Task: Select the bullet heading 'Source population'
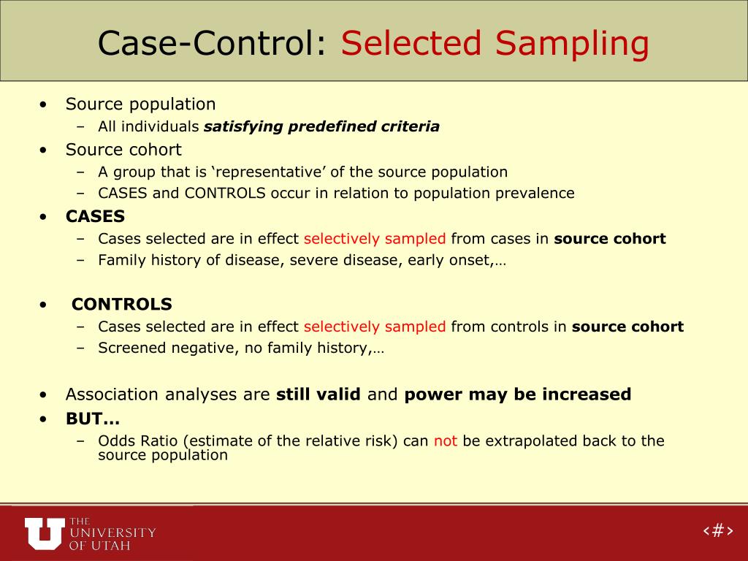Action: tap(140, 104)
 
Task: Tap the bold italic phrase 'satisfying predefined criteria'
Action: tap(321, 127)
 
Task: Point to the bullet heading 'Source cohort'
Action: tap(123, 150)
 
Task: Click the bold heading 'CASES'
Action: tap(95, 217)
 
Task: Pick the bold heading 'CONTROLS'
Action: tap(122, 305)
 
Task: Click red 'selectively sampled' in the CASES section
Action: tap(374, 239)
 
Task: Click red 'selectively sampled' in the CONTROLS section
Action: tap(374, 327)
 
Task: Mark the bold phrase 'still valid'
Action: tap(318, 394)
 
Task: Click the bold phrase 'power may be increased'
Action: tap(517, 394)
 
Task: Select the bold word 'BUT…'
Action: tap(93, 419)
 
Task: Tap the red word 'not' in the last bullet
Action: tap(445, 441)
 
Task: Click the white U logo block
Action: tap(44, 533)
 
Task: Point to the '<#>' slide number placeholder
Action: tap(717, 530)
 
